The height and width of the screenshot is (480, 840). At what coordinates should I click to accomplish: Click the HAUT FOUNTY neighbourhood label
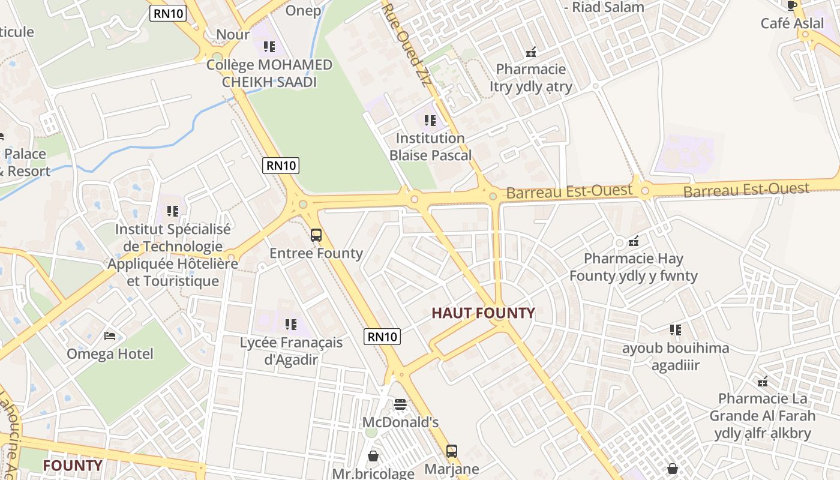click(x=483, y=313)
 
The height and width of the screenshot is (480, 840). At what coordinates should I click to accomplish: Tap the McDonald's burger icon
click(x=400, y=404)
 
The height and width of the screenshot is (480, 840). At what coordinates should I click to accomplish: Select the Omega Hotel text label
click(x=110, y=354)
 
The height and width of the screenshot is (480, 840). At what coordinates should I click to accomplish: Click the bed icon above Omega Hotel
click(x=110, y=335)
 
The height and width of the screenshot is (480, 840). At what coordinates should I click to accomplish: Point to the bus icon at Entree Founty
click(x=316, y=235)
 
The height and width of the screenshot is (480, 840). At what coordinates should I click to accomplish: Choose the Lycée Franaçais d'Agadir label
click(x=291, y=351)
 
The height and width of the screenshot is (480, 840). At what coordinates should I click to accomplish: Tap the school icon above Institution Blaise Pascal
click(x=430, y=121)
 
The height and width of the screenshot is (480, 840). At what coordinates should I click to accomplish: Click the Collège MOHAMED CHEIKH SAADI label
click(x=269, y=73)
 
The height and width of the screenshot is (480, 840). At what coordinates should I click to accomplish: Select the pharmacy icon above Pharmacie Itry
click(x=530, y=52)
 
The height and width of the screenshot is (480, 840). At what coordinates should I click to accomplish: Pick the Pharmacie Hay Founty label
click(x=634, y=268)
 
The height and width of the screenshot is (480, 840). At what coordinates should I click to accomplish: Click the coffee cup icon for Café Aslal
click(x=792, y=5)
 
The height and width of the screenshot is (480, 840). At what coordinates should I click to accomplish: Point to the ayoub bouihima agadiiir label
click(x=676, y=356)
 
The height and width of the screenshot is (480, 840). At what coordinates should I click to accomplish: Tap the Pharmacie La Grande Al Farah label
click(x=763, y=416)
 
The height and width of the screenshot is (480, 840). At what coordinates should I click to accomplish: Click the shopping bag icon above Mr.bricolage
click(x=373, y=456)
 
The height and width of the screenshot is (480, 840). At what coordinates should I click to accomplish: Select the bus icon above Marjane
click(x=452, y=451)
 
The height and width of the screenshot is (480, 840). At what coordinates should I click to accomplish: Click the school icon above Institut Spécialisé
click(x=173, y=211)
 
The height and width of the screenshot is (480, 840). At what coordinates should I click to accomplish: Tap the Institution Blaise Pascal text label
click(x=430, y=146)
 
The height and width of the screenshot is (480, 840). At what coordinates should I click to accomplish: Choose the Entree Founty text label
click(x=316, y=253)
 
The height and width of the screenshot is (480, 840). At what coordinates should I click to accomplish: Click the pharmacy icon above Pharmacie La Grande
click(x=763, y=381)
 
